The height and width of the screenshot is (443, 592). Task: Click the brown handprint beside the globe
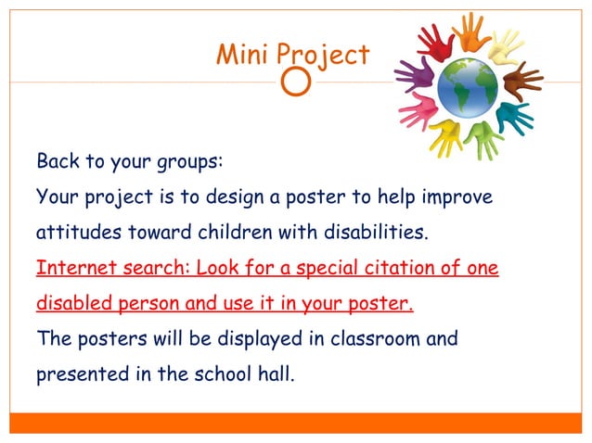(x=523, y=81)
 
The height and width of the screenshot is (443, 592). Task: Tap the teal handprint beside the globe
(x=514, y=117)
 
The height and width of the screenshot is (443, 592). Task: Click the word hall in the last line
(x=274, y=375)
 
